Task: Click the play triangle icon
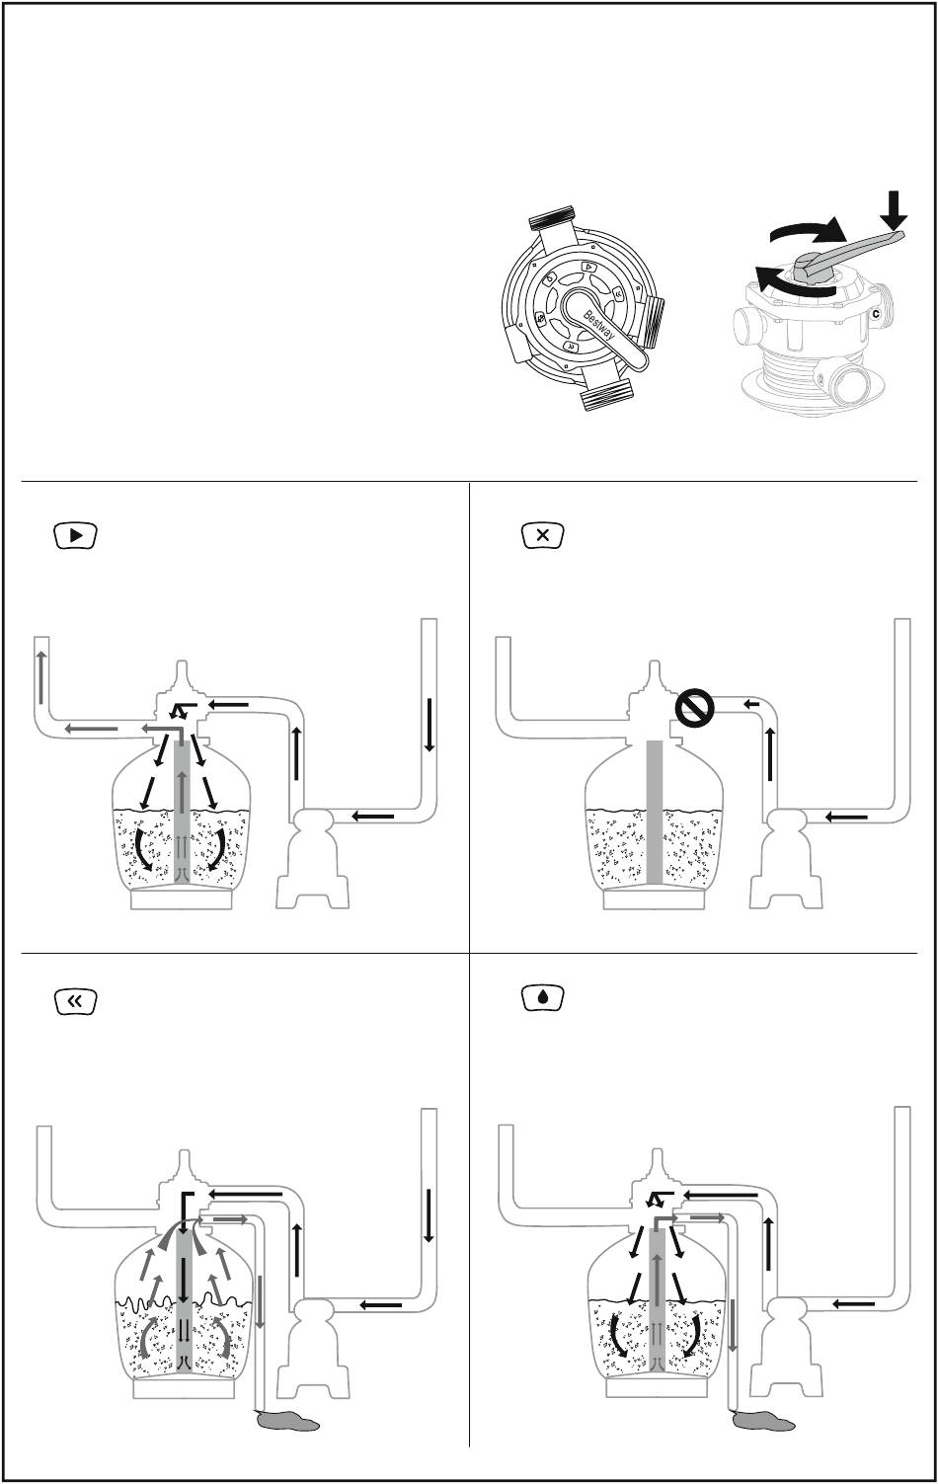(75, 536)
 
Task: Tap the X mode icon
(542, 536)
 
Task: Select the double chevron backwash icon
(75, 1001)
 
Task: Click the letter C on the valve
(875, 314)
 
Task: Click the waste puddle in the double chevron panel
(287, 1423)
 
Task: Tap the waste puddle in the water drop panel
(765, 1422)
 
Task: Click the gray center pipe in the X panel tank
(654, 810)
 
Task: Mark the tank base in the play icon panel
(182, 898)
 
